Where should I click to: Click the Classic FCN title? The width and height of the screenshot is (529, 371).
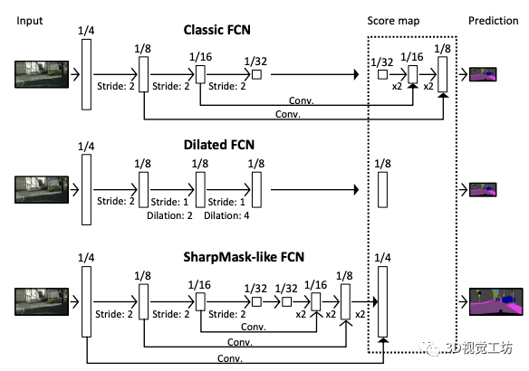(216, 30)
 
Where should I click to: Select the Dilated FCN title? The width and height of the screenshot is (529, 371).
(219, 145)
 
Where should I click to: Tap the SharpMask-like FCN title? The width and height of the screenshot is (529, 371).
(244, 257)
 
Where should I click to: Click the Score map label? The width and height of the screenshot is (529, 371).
(393, 21)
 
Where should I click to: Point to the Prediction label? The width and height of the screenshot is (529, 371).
(494, 21)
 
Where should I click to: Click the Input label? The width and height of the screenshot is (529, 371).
(30, 21)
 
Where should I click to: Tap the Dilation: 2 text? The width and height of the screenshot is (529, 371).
(169, 215)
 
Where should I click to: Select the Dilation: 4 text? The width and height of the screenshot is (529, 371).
(226, 215)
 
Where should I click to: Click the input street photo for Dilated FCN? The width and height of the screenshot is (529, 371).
(42, 190)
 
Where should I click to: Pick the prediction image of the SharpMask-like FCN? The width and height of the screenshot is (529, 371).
(496, 302)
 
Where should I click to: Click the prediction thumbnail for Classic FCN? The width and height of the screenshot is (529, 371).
(483, 74)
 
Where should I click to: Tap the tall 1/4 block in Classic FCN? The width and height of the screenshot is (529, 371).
(86, 74)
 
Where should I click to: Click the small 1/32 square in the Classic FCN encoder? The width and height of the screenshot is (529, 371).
(256, 74)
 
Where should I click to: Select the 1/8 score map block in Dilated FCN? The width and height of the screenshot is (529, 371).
(382, 190)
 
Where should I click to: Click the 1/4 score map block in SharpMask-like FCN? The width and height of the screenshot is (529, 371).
(382, 301)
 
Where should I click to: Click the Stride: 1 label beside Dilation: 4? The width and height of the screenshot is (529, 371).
(226, 202)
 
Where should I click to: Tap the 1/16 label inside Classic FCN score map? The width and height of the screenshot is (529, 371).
(411, 57)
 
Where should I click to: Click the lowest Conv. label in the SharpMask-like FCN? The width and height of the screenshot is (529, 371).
(230, 358)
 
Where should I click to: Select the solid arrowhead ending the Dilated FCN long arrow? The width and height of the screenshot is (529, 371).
(356, 190)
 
